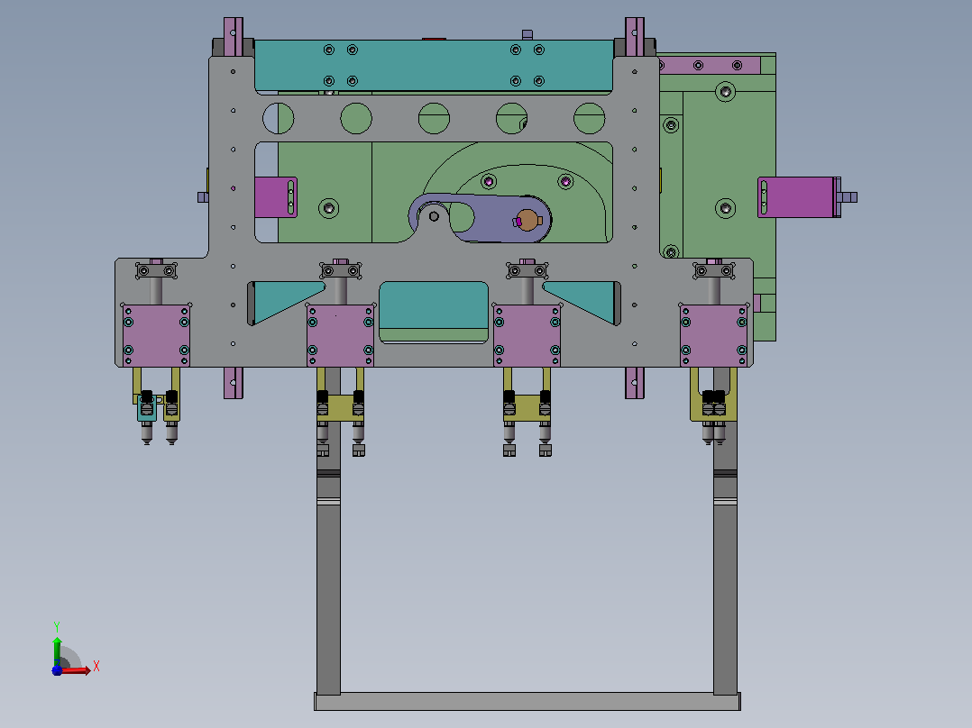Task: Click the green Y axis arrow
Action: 57,651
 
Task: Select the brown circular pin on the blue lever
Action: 527,220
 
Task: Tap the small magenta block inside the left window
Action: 275,197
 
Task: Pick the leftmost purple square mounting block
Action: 156,335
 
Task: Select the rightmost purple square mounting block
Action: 713,335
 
